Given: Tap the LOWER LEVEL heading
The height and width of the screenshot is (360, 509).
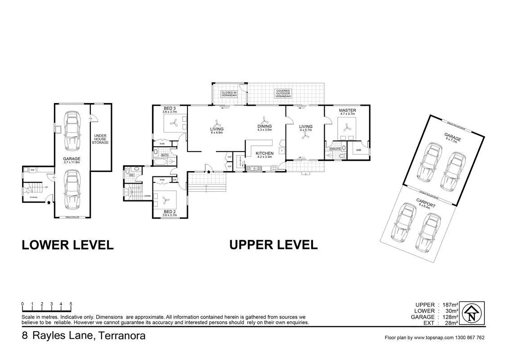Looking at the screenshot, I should (x=67, y=245).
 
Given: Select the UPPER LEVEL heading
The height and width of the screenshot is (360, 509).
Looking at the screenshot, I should (x=273, y=245).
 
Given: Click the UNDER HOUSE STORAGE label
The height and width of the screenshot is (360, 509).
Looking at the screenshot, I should (x=101, y=139).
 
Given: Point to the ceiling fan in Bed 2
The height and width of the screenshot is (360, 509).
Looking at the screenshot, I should (x=164, y=198).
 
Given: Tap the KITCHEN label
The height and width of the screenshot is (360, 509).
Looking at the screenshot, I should (x=264, y=154).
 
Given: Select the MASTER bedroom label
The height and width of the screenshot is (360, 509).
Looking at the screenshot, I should (x=348, y=110).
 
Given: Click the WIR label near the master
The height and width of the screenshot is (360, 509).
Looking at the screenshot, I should (x=359, y=150).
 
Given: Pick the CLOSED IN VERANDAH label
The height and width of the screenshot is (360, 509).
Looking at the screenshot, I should (x=229, y=94).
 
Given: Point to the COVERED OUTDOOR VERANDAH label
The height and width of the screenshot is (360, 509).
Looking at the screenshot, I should (x=283, y=94).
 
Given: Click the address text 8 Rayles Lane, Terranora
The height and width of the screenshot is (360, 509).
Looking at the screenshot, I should (x=84, y=336).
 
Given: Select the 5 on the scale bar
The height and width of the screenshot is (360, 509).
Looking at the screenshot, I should (x=71, y=304).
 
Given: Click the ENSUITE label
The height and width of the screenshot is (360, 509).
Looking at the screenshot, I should (x=335, y=148).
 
